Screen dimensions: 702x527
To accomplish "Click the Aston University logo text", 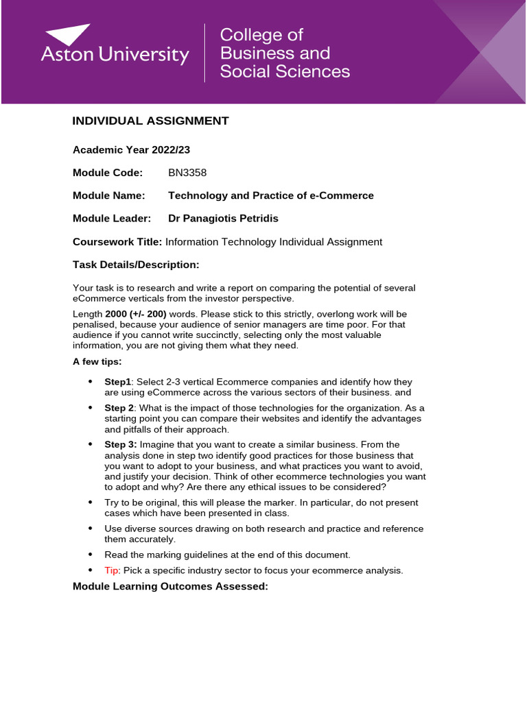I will tap(115, 56).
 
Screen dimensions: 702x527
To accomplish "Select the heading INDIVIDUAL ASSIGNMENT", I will tap(150, 121).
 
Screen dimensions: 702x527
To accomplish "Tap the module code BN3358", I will tap(187, 173).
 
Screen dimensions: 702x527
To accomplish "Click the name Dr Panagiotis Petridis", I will tap(223, 219).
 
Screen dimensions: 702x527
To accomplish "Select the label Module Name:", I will tap(109, 196).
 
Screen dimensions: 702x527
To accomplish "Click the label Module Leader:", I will tap(112, 219).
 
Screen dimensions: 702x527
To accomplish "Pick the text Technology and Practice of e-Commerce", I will tap(271, 196).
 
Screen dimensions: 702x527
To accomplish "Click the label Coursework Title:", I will tap(117, 242).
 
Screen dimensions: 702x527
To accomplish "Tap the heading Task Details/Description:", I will tap(136, 265).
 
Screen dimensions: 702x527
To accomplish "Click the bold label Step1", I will tap(117, 382).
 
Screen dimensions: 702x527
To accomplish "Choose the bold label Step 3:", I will tap(120, 444).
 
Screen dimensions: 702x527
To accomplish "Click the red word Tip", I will tap(111, 570).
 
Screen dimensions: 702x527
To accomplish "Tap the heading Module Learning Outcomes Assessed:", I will tap(170, 586).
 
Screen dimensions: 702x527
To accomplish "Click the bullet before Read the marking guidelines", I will tap(90, 555).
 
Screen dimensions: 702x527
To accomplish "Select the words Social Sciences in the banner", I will tap(285, 71).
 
